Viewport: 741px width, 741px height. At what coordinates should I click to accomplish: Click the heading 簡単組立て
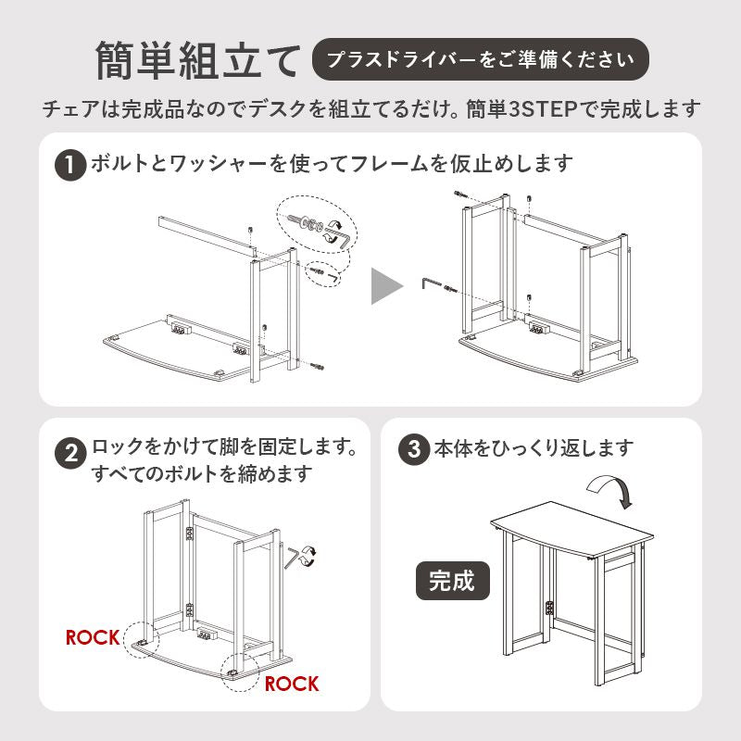pos(198,60)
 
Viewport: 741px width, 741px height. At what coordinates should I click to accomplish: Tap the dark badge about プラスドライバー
pos(480,59)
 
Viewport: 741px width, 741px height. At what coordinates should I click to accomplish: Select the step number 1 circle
pos(70,166)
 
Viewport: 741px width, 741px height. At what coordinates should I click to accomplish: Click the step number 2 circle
pos(70,453)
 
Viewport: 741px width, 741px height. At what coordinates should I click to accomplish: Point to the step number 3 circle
pos(414,449)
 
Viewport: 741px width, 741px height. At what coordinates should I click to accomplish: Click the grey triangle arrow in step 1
pos(386,286)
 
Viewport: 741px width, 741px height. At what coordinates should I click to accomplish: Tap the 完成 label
pos(452,581)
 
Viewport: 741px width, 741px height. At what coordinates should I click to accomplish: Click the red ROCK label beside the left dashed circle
pos(93,637)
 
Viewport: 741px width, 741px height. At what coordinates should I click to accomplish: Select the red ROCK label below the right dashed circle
pos(292,684)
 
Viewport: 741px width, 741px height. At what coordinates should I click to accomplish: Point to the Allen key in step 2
pos(291,557)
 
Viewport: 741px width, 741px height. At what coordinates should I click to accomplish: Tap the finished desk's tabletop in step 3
pos(571,528)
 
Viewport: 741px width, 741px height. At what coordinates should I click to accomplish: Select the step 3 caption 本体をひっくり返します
pos(534,448)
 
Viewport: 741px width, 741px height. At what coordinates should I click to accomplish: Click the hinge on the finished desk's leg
pos(549,609)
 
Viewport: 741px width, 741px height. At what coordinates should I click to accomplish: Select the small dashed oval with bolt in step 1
pos(324,273)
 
